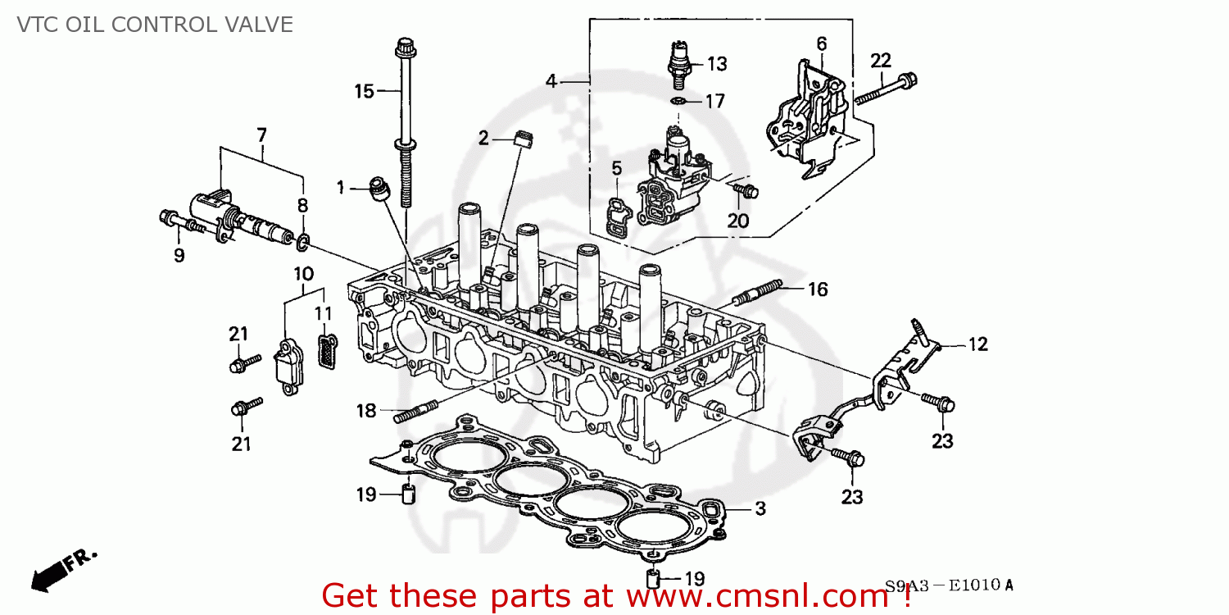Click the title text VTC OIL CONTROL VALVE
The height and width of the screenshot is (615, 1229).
tap(155, 25)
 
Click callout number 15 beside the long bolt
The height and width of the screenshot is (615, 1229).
tap(364, 91)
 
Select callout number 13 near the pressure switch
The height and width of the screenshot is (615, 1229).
tap(717, 63)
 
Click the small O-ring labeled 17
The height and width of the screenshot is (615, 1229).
tap(678, 101)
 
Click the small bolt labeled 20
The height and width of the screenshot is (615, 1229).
tap(746, 191)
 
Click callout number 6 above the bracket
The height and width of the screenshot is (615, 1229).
tap(821, 43)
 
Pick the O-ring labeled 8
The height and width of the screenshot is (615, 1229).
tap(302, 240)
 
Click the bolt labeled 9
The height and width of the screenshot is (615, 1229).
tap(177, 220)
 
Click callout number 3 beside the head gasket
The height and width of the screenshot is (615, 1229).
tap(760, 509)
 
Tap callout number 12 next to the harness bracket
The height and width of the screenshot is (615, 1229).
tap(978, 344)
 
